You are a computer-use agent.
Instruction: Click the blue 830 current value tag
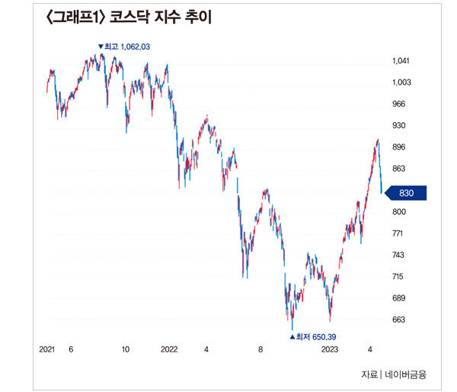[x=405, y=194]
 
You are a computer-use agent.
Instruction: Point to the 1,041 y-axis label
[x=401, y=61]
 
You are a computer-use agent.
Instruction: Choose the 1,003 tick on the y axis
[x=401, y=82]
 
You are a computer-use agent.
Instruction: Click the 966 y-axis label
[x=399, y=104]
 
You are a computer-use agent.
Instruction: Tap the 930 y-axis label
[x=399, y=125]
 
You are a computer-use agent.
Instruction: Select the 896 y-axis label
[x=399, y=147]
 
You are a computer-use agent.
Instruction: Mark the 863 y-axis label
[x=399, y=169]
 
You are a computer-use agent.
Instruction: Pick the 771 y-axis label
[x=399, y=233]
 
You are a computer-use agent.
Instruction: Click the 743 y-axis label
[x=399, y=255]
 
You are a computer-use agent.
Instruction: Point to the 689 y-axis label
[x=399, y=298]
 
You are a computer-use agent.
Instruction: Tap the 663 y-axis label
[x=399, y=320]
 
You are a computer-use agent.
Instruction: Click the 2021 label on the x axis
[x=47, y=349]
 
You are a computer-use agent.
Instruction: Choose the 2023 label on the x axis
[x=329, y=349]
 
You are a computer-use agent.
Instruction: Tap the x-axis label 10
[x=126, y=349]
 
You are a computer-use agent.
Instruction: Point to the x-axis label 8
[x=260, y=349]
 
